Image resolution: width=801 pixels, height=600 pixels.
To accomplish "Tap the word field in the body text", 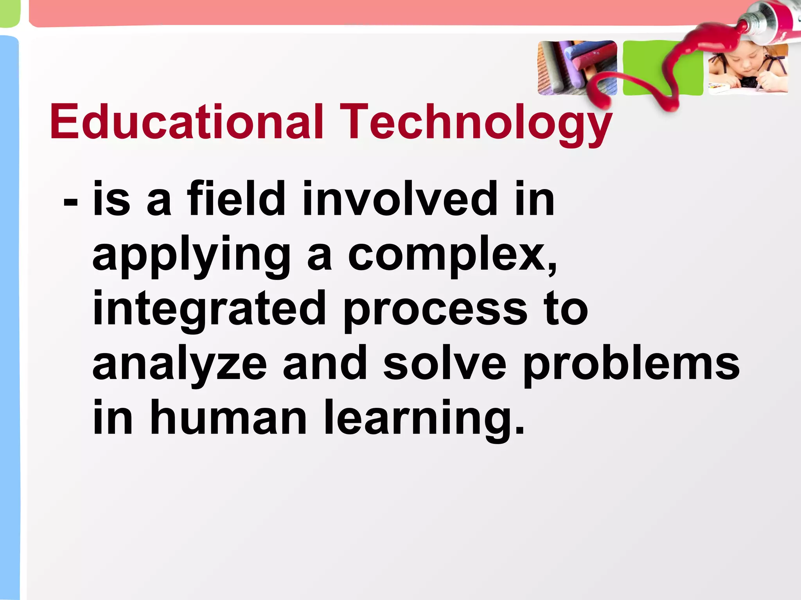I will tap(236, 199).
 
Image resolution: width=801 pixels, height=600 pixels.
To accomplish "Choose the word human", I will tap(228, 418).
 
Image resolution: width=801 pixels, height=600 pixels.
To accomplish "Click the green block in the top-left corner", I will tap(9, 13).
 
